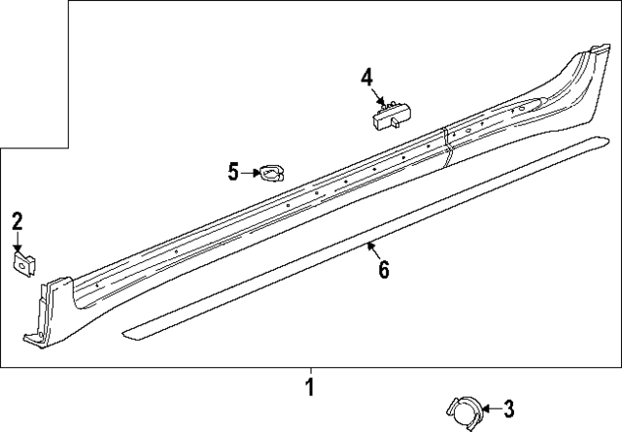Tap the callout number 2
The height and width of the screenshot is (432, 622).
pos(17,222)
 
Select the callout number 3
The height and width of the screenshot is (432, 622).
pos(508,409)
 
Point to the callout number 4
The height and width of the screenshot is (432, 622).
pos(366,77)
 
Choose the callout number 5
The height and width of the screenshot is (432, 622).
pos(233,173)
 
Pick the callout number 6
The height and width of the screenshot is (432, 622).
pos(383,269)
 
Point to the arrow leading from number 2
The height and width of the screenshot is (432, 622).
pos(17,242)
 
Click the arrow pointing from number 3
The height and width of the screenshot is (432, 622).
pos(487,409)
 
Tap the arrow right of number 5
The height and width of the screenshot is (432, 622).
pos(249,173)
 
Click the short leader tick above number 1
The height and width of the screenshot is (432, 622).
pos(310,371)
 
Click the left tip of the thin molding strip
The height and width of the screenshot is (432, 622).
pos(123,333)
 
